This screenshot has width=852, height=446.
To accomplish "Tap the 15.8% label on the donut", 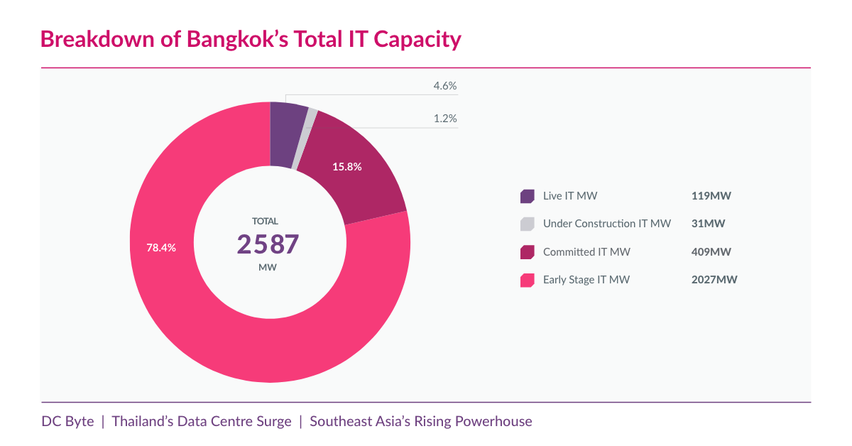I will click(x=347, y=168).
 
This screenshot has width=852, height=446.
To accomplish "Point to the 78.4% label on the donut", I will click(x=161, y=248).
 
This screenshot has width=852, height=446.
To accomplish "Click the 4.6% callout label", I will click(x=445, y=87).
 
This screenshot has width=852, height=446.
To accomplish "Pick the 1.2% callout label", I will click(x=445, y=119).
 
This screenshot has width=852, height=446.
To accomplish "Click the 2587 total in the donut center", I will click(x=268, y=244).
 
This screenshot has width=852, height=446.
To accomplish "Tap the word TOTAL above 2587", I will click(x=266, y=221).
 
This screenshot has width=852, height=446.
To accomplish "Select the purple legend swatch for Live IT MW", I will click(x=527, y=196).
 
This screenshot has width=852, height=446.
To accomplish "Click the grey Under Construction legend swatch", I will click(x=527, y=224).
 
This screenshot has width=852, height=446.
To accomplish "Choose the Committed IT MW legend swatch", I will click(x=527, y=252).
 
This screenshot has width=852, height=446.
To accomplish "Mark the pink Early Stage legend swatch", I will click(x=527, y=280).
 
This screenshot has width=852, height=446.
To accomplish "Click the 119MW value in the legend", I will click(x=711, y=196).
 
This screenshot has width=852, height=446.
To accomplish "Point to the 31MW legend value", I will click(x=708, y=224).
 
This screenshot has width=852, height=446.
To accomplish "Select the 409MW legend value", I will click(x=711, y=252).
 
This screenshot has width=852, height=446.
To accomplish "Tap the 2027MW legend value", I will click(x=714, y=280).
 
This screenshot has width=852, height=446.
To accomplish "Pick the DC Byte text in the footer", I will click(x=67, y=421).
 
